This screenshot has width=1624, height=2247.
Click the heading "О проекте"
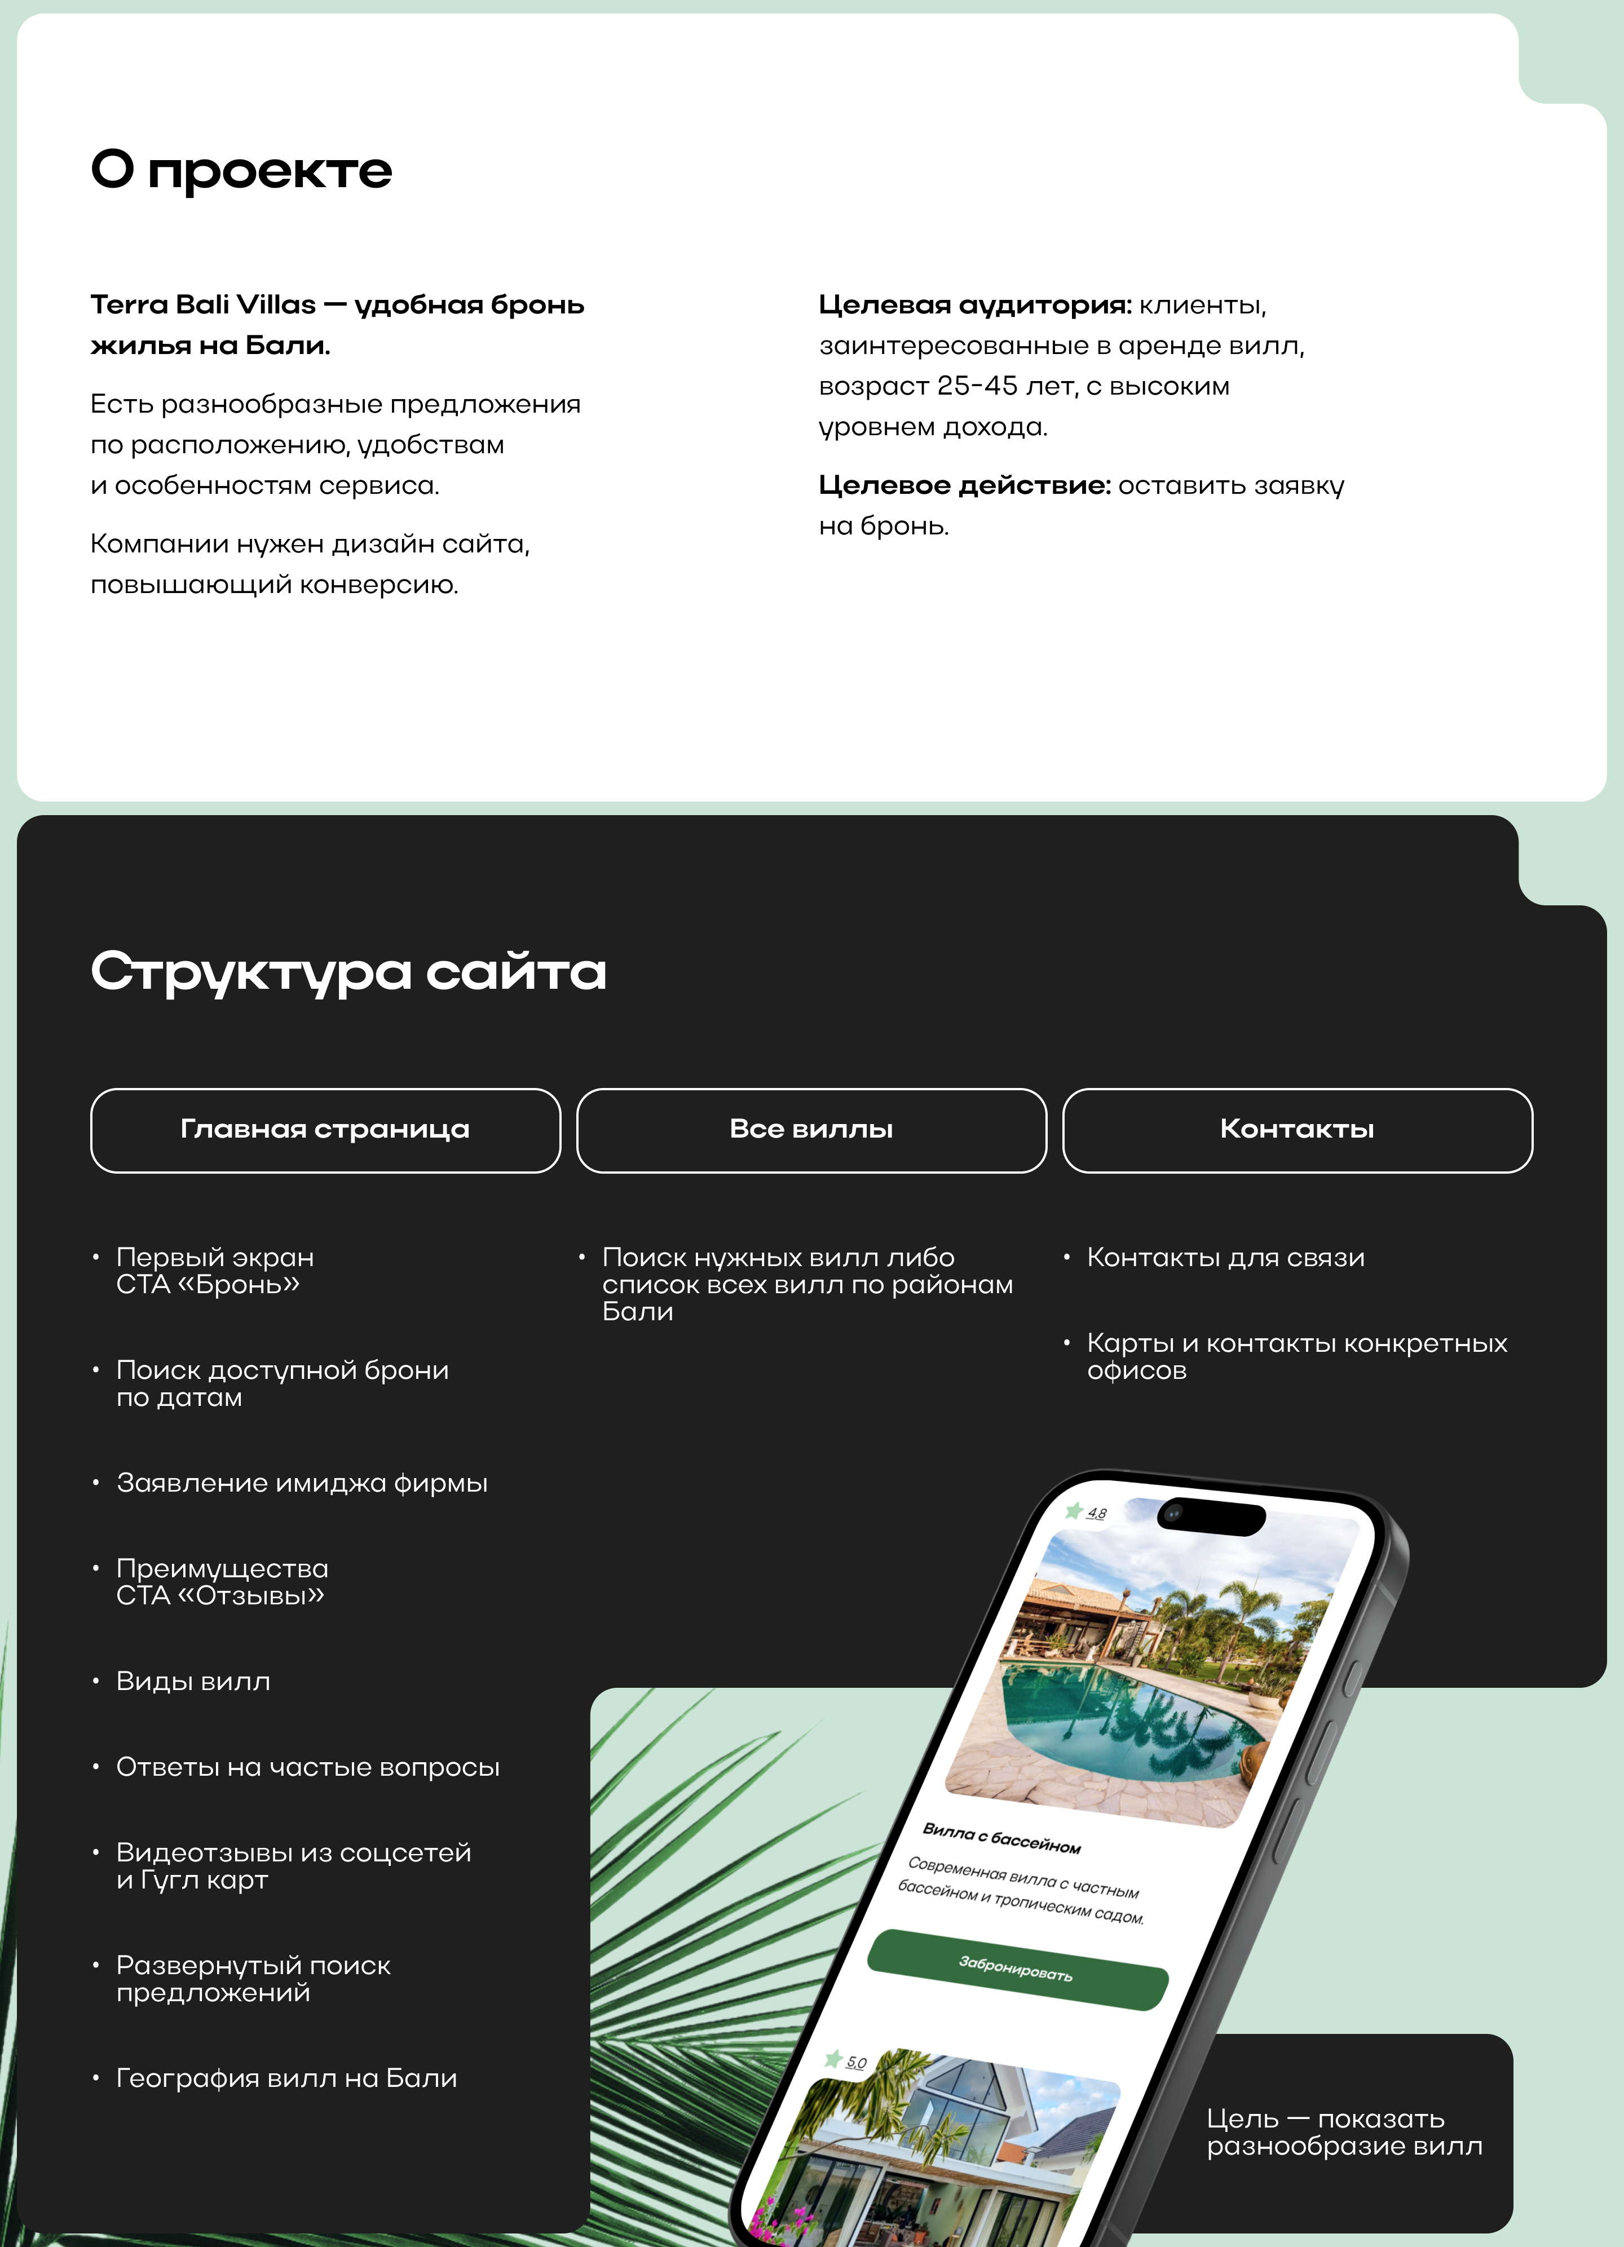click(241, 170)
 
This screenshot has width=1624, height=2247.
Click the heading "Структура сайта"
click(348, 971)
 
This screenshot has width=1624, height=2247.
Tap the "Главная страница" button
click(325, 1130)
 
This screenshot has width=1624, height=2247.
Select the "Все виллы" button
click(810, 1130)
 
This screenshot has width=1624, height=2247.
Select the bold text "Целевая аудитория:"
click(974, 305)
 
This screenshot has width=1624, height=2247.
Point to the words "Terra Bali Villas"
click(203, 305)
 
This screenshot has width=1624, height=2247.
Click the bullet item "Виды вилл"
click(193, 1681)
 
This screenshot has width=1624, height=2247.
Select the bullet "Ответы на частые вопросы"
click(307, 1767)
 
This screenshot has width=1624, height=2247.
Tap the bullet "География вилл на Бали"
click(286, 2078)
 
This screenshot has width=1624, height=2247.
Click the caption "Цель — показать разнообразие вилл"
click(1344, 2132)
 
